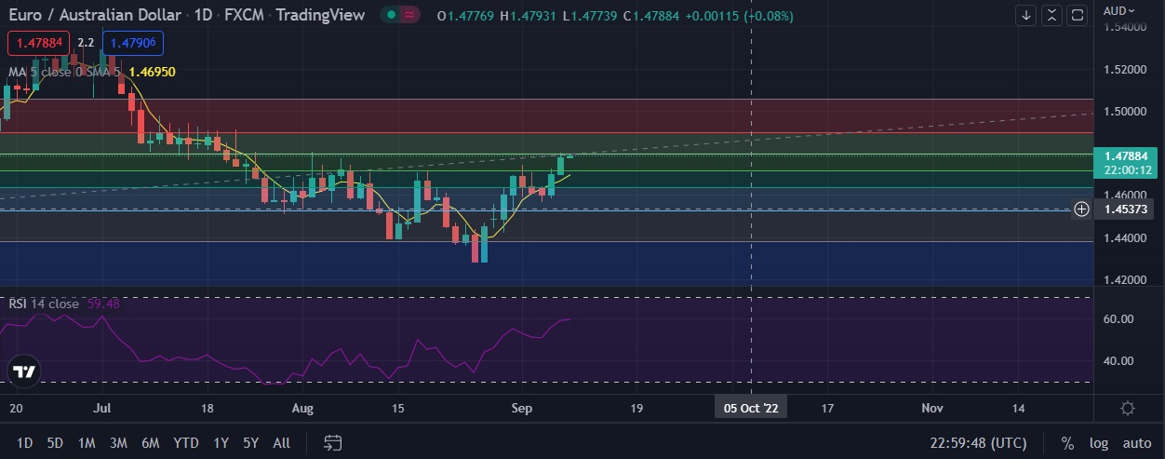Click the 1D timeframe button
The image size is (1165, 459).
(25, 443)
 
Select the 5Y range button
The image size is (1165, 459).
(250, 443)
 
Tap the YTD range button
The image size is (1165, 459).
(185, 443)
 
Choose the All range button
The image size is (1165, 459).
(281, 443)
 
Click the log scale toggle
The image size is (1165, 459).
(1099, 443)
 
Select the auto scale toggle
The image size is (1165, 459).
(1137, 443)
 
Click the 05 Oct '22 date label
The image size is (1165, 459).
(750, 408)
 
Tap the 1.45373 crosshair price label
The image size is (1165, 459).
(1124, 209)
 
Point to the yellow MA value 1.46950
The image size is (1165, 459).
(153, 72)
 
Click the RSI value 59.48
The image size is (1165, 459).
(103, 304)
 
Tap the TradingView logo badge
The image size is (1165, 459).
(24, 371)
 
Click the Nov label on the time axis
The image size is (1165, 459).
(932, 408)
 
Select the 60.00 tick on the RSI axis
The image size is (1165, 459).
(1118, 318)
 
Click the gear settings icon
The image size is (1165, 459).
(1128, 408)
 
